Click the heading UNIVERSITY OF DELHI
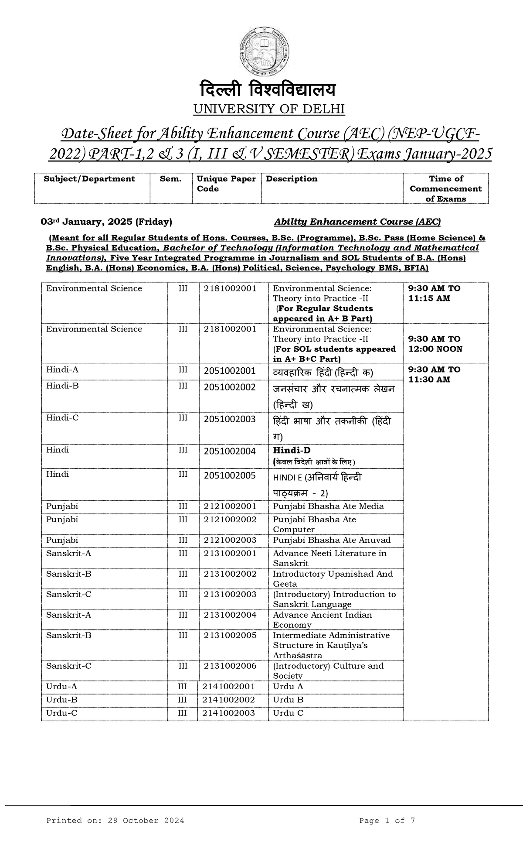(x=269, y=109)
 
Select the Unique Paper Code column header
(x=226, y=184)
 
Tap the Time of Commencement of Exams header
(x=445, y=188)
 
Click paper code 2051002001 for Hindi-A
(x=230, y=371)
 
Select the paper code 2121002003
(x=230, y=540)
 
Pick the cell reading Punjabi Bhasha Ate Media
(x=328, y=506)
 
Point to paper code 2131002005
(x=230, y=635)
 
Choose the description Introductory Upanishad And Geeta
(x=333, y=579)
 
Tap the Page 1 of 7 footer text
(x=387, y=821)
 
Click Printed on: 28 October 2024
(x=115, y=821)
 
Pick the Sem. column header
(x=170, y=179)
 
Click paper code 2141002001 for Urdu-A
(x=228, y=686)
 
